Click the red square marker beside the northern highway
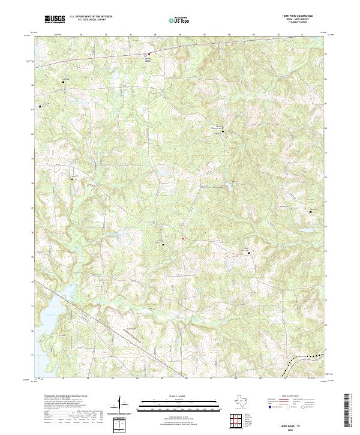149,55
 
